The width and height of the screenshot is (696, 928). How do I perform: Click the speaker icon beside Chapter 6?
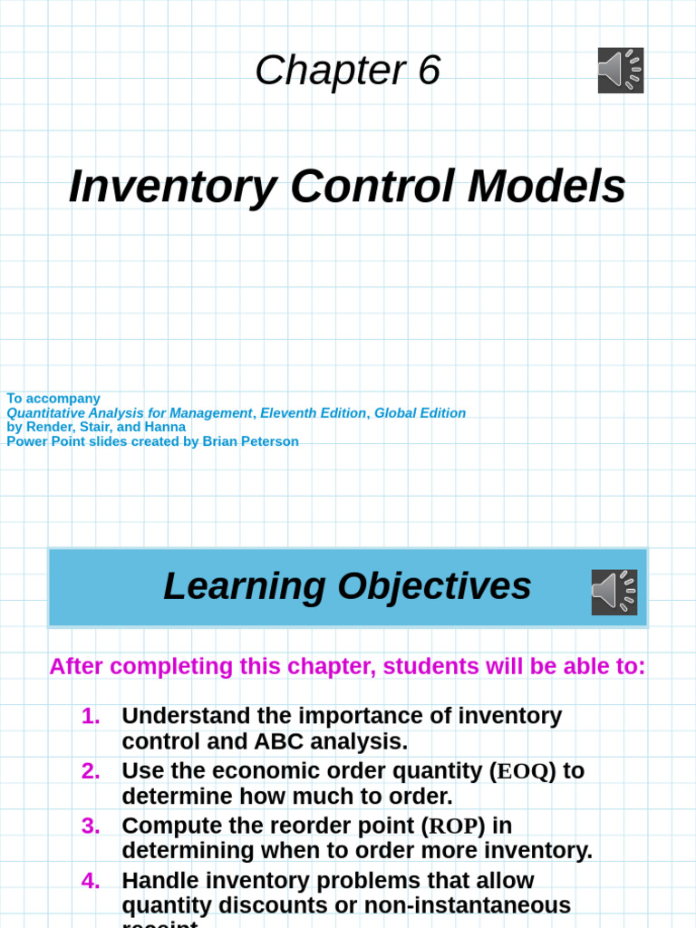pos(621,71)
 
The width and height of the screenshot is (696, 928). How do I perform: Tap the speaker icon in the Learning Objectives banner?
pos(614,592)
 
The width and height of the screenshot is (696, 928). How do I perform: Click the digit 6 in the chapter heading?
pos(429,71)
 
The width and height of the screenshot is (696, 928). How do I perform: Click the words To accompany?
pos(53,399)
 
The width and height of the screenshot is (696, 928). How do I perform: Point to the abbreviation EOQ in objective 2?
pos(523,771)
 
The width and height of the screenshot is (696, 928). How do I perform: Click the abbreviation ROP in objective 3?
pos(453,826)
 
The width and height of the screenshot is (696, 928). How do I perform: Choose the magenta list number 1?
pos(91,716)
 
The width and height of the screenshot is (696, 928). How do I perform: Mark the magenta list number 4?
pos(91,881)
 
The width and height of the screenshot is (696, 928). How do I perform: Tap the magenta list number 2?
pos(91,771)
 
